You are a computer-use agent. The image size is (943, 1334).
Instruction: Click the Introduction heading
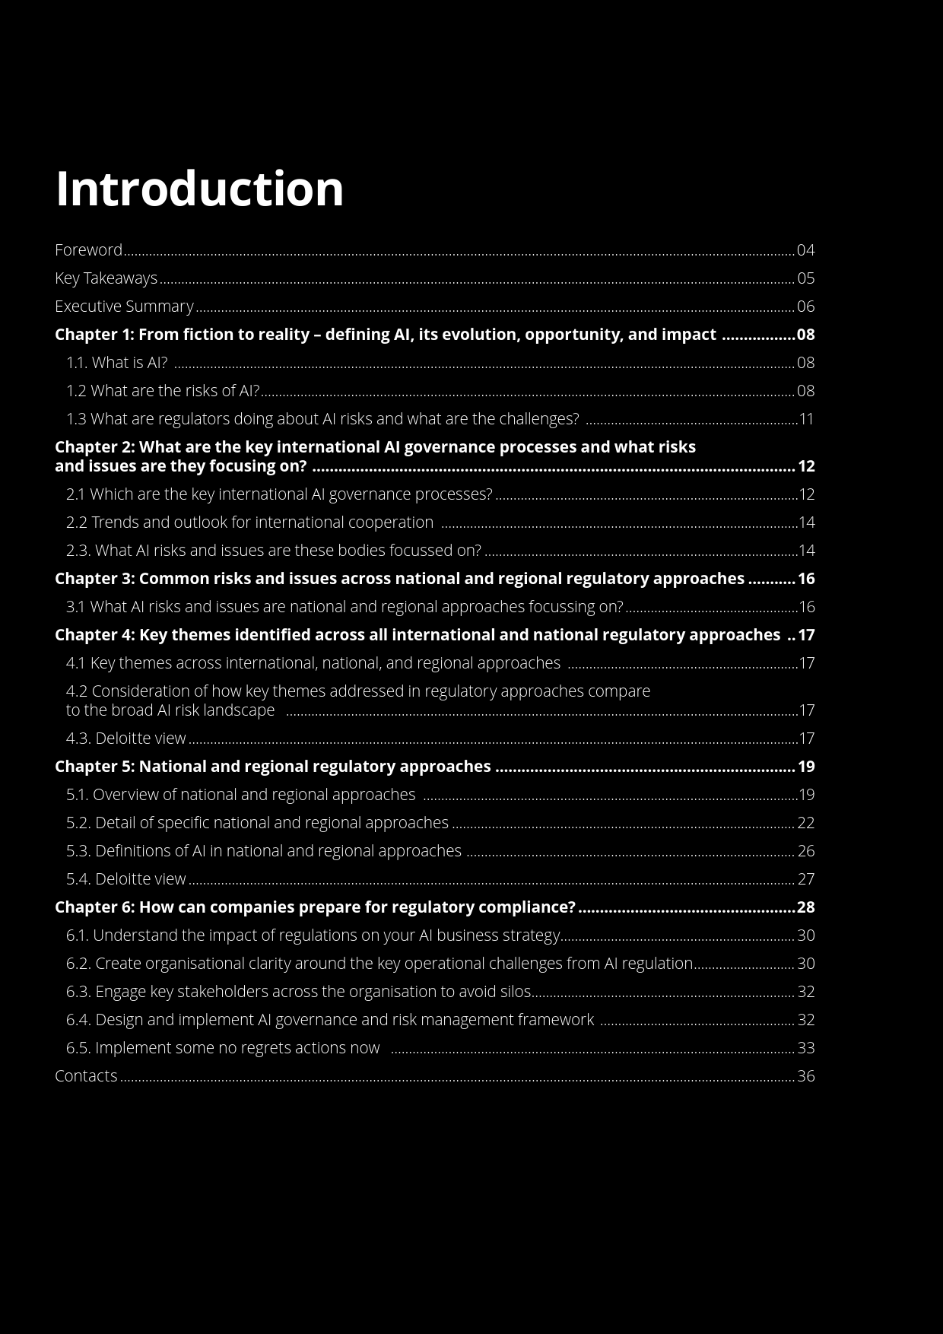click(199, 189)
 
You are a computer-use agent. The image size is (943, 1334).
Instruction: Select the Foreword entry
click(88, 250)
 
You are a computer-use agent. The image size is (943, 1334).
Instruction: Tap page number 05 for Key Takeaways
click(805, 278)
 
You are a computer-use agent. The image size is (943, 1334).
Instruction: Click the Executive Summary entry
click(124, 307)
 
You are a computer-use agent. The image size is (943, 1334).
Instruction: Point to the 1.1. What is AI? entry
click(116, 363)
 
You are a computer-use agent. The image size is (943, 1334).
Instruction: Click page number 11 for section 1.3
click(806, 419)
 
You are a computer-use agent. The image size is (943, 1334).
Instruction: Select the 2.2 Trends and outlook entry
click(249, 522)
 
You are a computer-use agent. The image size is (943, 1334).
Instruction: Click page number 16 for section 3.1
click(806, 607)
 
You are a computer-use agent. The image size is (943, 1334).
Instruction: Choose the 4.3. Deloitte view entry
click(125, 738)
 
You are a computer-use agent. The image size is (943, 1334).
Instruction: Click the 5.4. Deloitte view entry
click(125, 879)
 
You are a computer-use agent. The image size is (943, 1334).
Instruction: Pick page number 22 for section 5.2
click(805, 823)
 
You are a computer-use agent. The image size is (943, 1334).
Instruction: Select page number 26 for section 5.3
click(805, 851)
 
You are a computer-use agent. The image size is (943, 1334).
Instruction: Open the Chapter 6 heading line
click(315, 907)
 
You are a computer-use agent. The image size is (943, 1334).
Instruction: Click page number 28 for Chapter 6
click(805, 907)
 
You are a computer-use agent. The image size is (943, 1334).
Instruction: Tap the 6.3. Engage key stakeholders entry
click(298, 992)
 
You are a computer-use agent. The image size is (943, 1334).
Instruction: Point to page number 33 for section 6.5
click(805, 1048)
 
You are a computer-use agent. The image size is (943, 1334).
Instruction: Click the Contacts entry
click(86, 1076)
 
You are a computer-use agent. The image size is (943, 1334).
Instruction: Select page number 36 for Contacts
click(805, 1076)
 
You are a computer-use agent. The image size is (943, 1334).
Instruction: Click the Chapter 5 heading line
click(272, 767)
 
